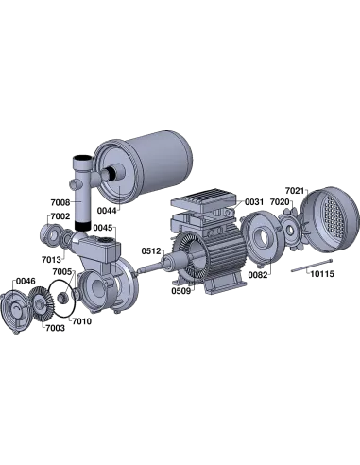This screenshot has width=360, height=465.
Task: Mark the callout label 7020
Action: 280,202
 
